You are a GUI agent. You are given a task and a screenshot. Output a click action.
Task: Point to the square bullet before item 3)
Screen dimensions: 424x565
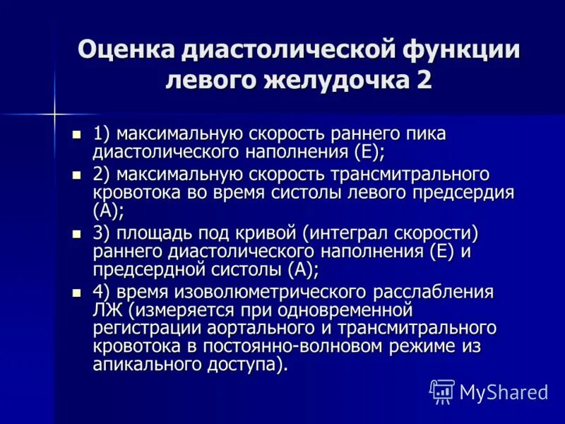point(78,233)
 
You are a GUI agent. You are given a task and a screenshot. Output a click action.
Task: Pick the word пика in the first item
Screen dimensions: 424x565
point(427,134)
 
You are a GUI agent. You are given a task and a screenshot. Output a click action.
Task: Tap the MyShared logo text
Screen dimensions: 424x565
point(503,391)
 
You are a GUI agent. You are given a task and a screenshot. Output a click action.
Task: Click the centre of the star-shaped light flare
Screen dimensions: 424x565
point(53,111)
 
